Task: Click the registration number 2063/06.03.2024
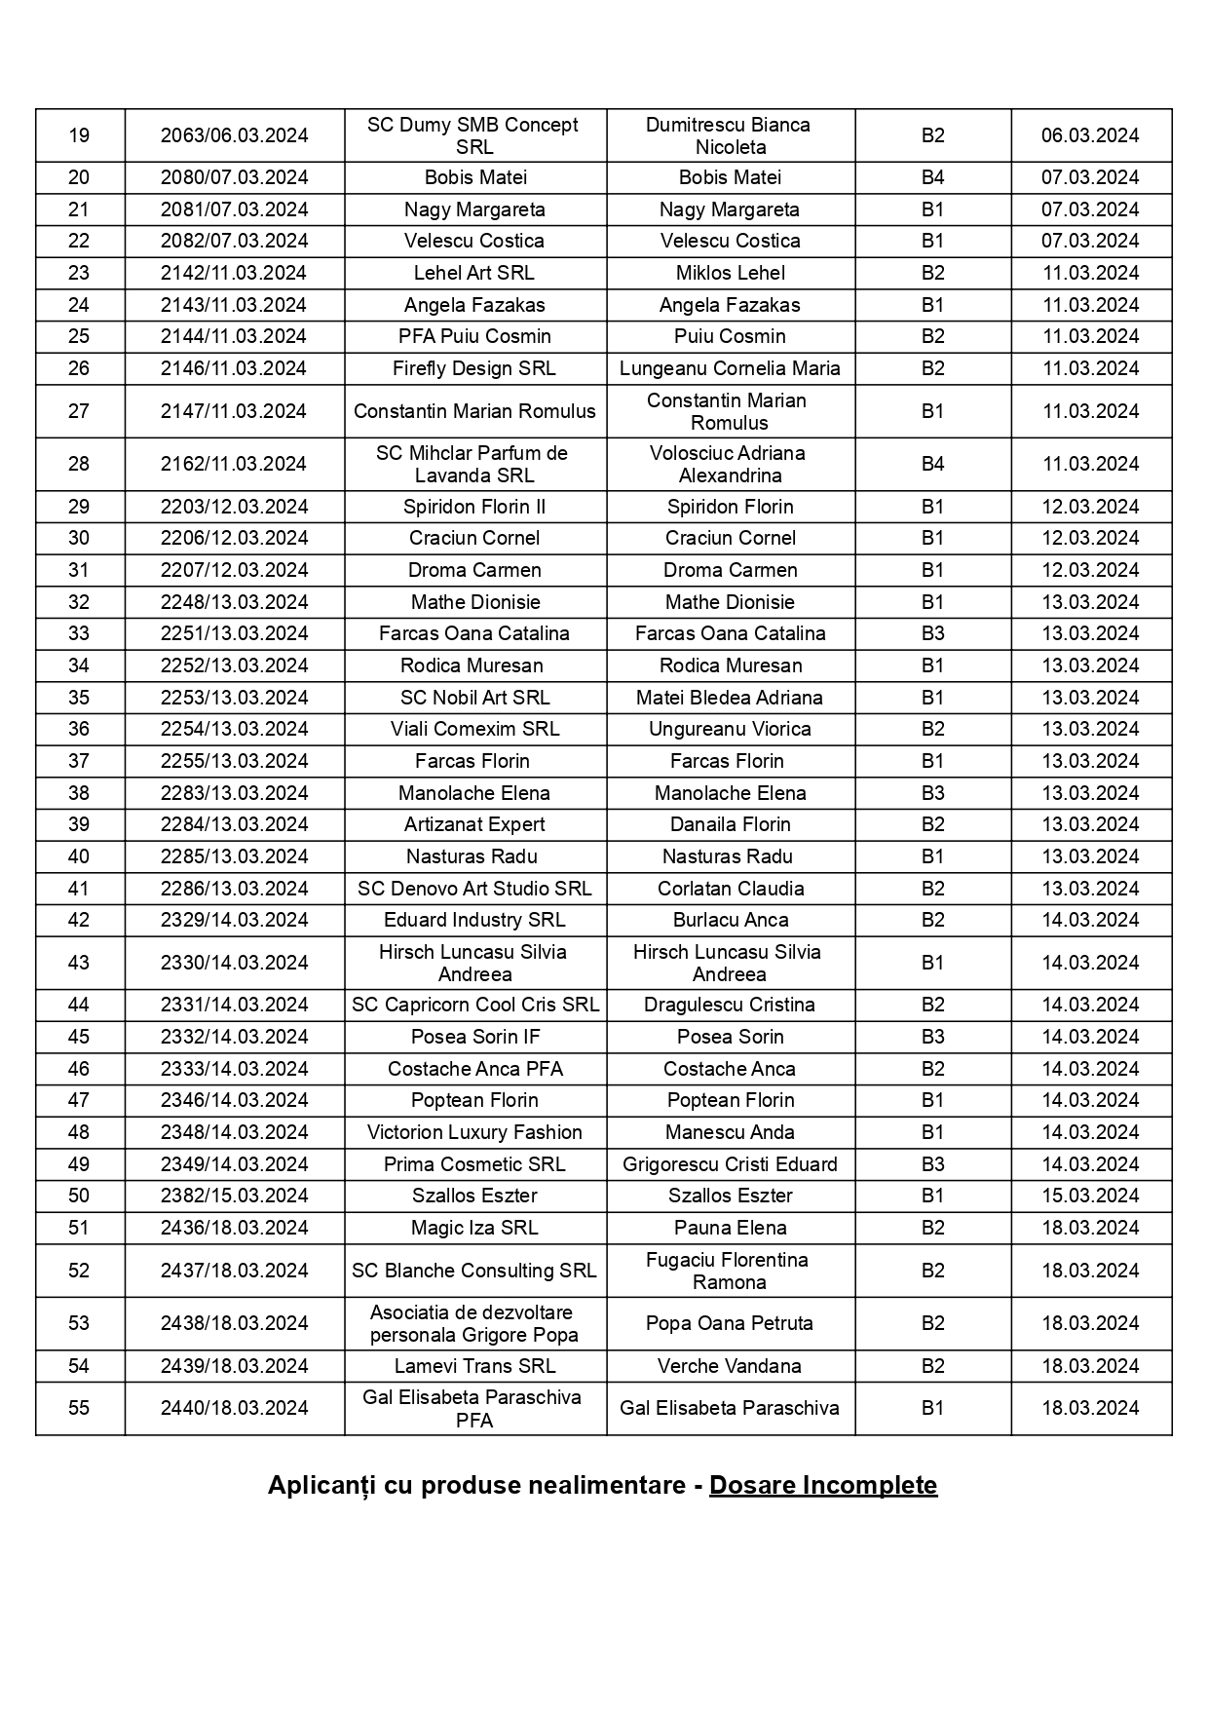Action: coord(234,135)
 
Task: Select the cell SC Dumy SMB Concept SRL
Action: coord(473,135)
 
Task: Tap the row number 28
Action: coord(79,464)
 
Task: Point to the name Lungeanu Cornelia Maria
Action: coord(730,368)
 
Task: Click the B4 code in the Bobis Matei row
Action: coord(932,177)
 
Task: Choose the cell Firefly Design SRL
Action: coord(473,368)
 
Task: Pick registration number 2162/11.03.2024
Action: coord(234,464)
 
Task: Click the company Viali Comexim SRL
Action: coord(474,729)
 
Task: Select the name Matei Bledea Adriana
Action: coord(729,698)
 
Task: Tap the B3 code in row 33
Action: coord(932,633)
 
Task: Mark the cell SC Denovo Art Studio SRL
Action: coord(474,889)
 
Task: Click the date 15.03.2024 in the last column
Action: coord(1090,1196)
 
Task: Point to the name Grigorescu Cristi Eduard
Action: coord(730,1164)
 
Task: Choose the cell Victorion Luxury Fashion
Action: coord(474,1132)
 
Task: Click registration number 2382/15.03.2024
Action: coord(234,1196)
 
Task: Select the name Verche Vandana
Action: coord(729,1366)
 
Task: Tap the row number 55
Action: coord(79,1408)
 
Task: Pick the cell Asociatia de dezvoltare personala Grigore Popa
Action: coord(473,1323)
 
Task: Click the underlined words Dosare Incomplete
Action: coord(822,1485)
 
